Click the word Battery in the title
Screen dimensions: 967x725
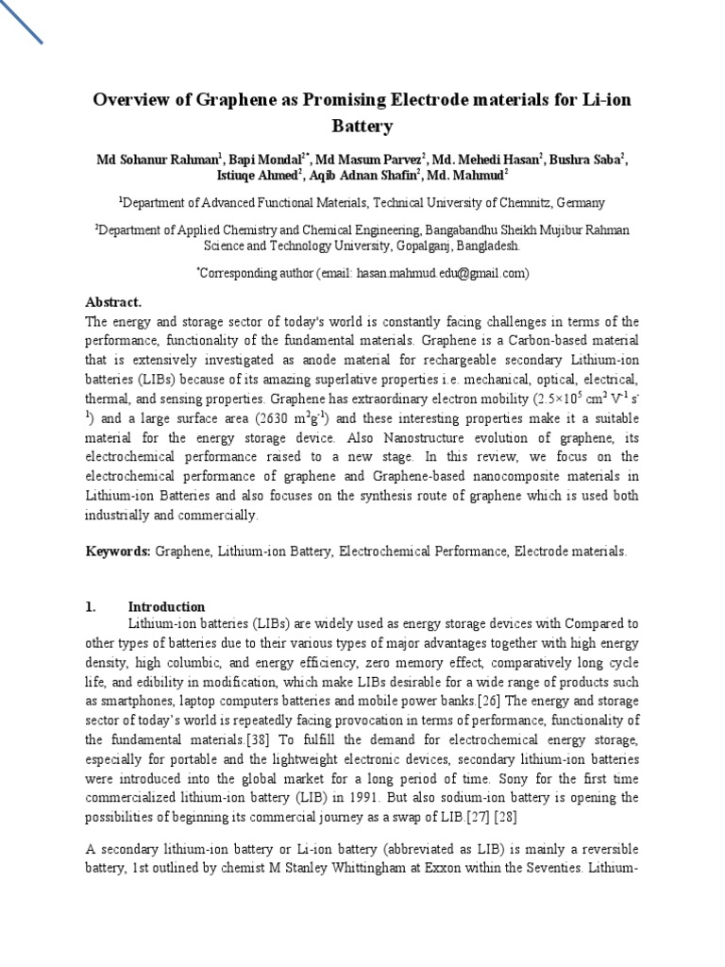coord(362,126)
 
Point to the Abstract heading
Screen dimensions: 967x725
coord(113,302)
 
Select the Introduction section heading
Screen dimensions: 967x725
coord(166,606)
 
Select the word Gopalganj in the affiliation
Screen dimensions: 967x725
coord(352,246)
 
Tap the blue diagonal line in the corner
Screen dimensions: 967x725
coord(22,22)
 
